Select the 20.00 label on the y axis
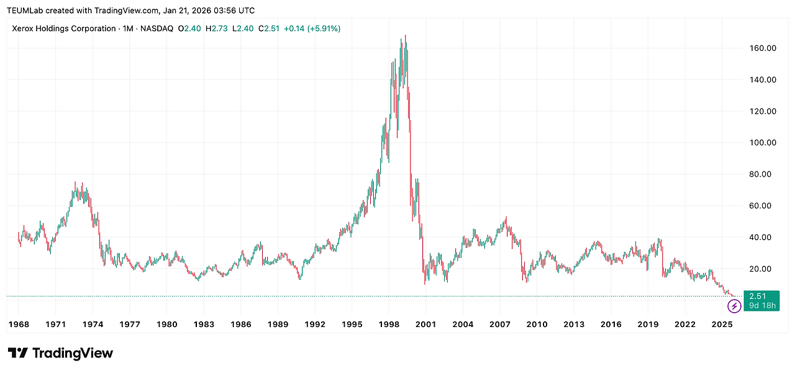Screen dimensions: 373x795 tap(763, 269)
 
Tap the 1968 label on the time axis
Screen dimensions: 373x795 tap(19, 324)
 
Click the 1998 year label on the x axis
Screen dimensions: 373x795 tap(389, 324)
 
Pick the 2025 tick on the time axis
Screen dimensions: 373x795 tap(722, 324)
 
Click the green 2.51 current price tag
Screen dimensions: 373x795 tap(761, 296)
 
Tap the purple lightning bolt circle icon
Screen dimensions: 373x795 tap(734, 305)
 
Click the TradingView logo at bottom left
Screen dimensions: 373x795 tap(60, 353)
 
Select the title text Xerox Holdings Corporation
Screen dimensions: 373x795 tap(63, 29)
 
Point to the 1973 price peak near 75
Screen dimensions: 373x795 tap(75, 183)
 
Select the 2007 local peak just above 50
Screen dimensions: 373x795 tap(506, 218)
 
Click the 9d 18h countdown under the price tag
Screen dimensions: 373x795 tap(761, 305)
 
